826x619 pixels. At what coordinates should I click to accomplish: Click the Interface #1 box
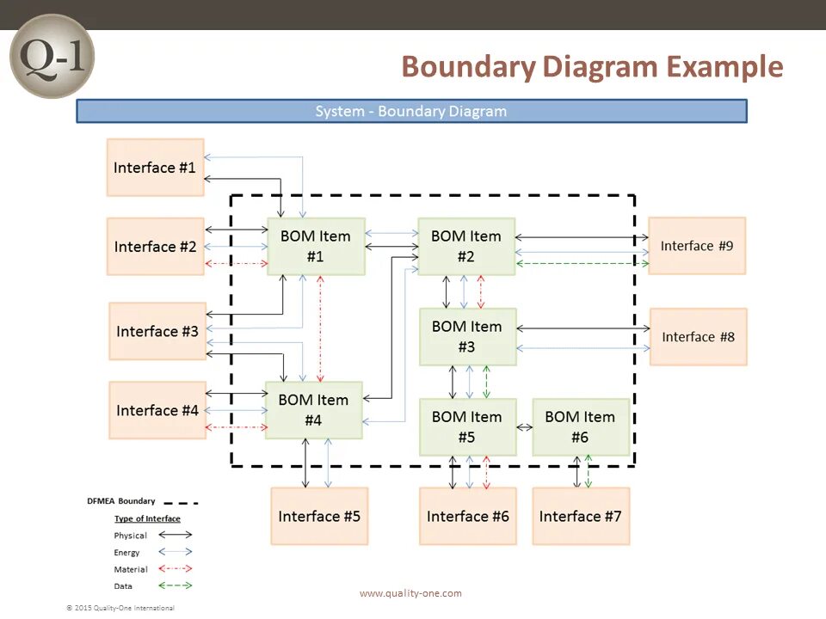click(x=155, y=168)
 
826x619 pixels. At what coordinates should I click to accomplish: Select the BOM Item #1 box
click(x=316, y=246)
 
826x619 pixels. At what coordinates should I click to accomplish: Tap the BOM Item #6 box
click(x=580, y=427)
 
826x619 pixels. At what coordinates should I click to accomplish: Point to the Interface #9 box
click(x=696, y=246)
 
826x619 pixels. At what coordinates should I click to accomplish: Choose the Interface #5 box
click(x=319, y=517)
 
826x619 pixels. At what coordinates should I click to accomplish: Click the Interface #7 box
click(x=580, y=517)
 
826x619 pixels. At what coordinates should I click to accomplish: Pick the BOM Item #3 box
click(x=466, y=337)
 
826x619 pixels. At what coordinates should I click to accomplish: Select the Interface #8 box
click(x=698, y=337)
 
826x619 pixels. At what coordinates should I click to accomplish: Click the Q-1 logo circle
click(x=51, y=56)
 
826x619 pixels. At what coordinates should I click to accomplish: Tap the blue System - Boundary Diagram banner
click(x=411, y=112)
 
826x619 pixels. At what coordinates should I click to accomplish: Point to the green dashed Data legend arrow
click(x=175, y=585)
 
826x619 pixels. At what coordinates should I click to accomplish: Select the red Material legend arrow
click(x=175, y=568)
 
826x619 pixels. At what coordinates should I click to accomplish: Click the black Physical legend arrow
click(x=175, y=535)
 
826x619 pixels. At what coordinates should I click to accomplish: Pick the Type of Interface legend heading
click(x=147, y=518)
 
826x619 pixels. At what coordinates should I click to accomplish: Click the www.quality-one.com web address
click(x=410, y=593)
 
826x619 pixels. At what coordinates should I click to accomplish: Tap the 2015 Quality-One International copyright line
click(x=120, y=608)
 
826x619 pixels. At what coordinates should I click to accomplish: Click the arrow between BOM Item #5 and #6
click(x=524, y=427)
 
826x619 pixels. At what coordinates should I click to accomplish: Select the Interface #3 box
click(x=157, y=331)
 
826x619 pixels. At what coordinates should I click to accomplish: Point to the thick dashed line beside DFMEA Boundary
click(x=181, y=502)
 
